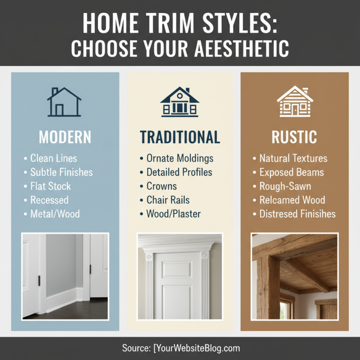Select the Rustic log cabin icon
point(295,102)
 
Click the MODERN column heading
point(65,137)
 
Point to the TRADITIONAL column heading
point(180,137)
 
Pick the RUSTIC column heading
point(294,137)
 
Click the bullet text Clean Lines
point(54,158)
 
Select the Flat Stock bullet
point(50,186)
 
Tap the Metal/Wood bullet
point(55,214)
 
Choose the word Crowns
point(162,186)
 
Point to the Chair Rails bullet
point(168,200)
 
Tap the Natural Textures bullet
point(293,158)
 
